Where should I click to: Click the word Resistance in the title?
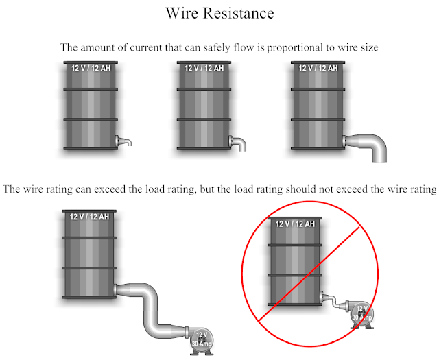click(238, 13)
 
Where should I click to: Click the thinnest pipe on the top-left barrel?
click(123, 141)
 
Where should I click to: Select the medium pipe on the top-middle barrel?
click(238, 143)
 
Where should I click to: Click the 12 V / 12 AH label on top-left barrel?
click(91, 68)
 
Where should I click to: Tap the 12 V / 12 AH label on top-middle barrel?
click(204, 68)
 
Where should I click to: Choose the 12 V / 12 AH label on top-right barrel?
click(318, 68)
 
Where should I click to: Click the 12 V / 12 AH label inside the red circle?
click(295, 224)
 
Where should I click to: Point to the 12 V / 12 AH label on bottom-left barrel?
click(89, 217)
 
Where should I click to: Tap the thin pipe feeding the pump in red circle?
click(333, 301)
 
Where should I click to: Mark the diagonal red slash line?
click(309, 274)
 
